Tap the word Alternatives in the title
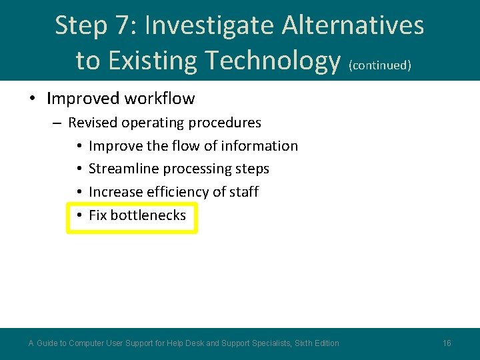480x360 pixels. click(x=353, y=26)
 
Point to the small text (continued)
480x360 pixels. click(x=380, y=65)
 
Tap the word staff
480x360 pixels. click(x=244, y=192)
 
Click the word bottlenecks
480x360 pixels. click(x=148, y=215)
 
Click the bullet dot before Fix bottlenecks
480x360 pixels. click(x=79, y=215)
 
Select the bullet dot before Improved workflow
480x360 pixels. click(x=32, y=99)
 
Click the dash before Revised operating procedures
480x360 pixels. click(x=56, y=123)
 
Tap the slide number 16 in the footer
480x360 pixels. click(x=447, y=343)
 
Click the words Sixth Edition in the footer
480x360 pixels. click(x=317, y=343)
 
